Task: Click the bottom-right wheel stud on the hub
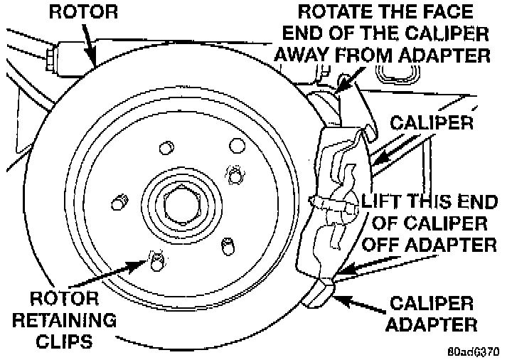(228, 246)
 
